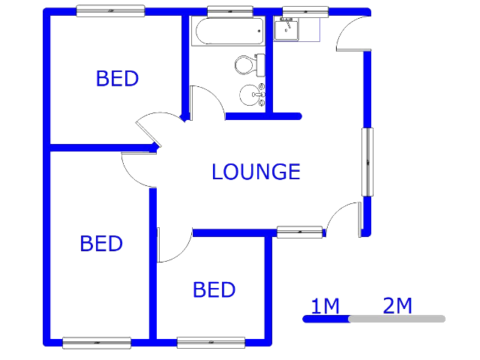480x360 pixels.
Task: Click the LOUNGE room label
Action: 256,172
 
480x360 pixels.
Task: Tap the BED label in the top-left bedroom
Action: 117,79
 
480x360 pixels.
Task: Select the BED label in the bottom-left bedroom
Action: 101,244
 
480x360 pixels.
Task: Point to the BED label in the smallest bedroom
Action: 214,289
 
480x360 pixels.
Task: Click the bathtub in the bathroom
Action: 228,31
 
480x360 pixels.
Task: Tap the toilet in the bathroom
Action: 250,65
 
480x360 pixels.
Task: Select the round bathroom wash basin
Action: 252,95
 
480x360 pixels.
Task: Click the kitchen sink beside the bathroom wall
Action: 286,29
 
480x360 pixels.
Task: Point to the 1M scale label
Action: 325,306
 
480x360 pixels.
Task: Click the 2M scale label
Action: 397,305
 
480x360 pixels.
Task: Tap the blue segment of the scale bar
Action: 326,319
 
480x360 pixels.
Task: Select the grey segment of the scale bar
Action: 397,319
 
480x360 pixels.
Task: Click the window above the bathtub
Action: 230,12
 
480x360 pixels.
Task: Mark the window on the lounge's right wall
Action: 367,162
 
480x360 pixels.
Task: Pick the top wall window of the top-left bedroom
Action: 110,10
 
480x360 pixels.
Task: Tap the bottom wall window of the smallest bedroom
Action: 211,343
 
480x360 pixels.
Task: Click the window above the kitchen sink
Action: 305,12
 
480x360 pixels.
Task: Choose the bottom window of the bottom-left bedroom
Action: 97,343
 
